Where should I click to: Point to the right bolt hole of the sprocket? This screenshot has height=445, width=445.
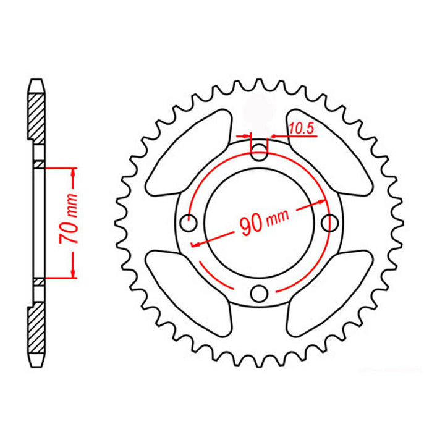coord(331,221)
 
